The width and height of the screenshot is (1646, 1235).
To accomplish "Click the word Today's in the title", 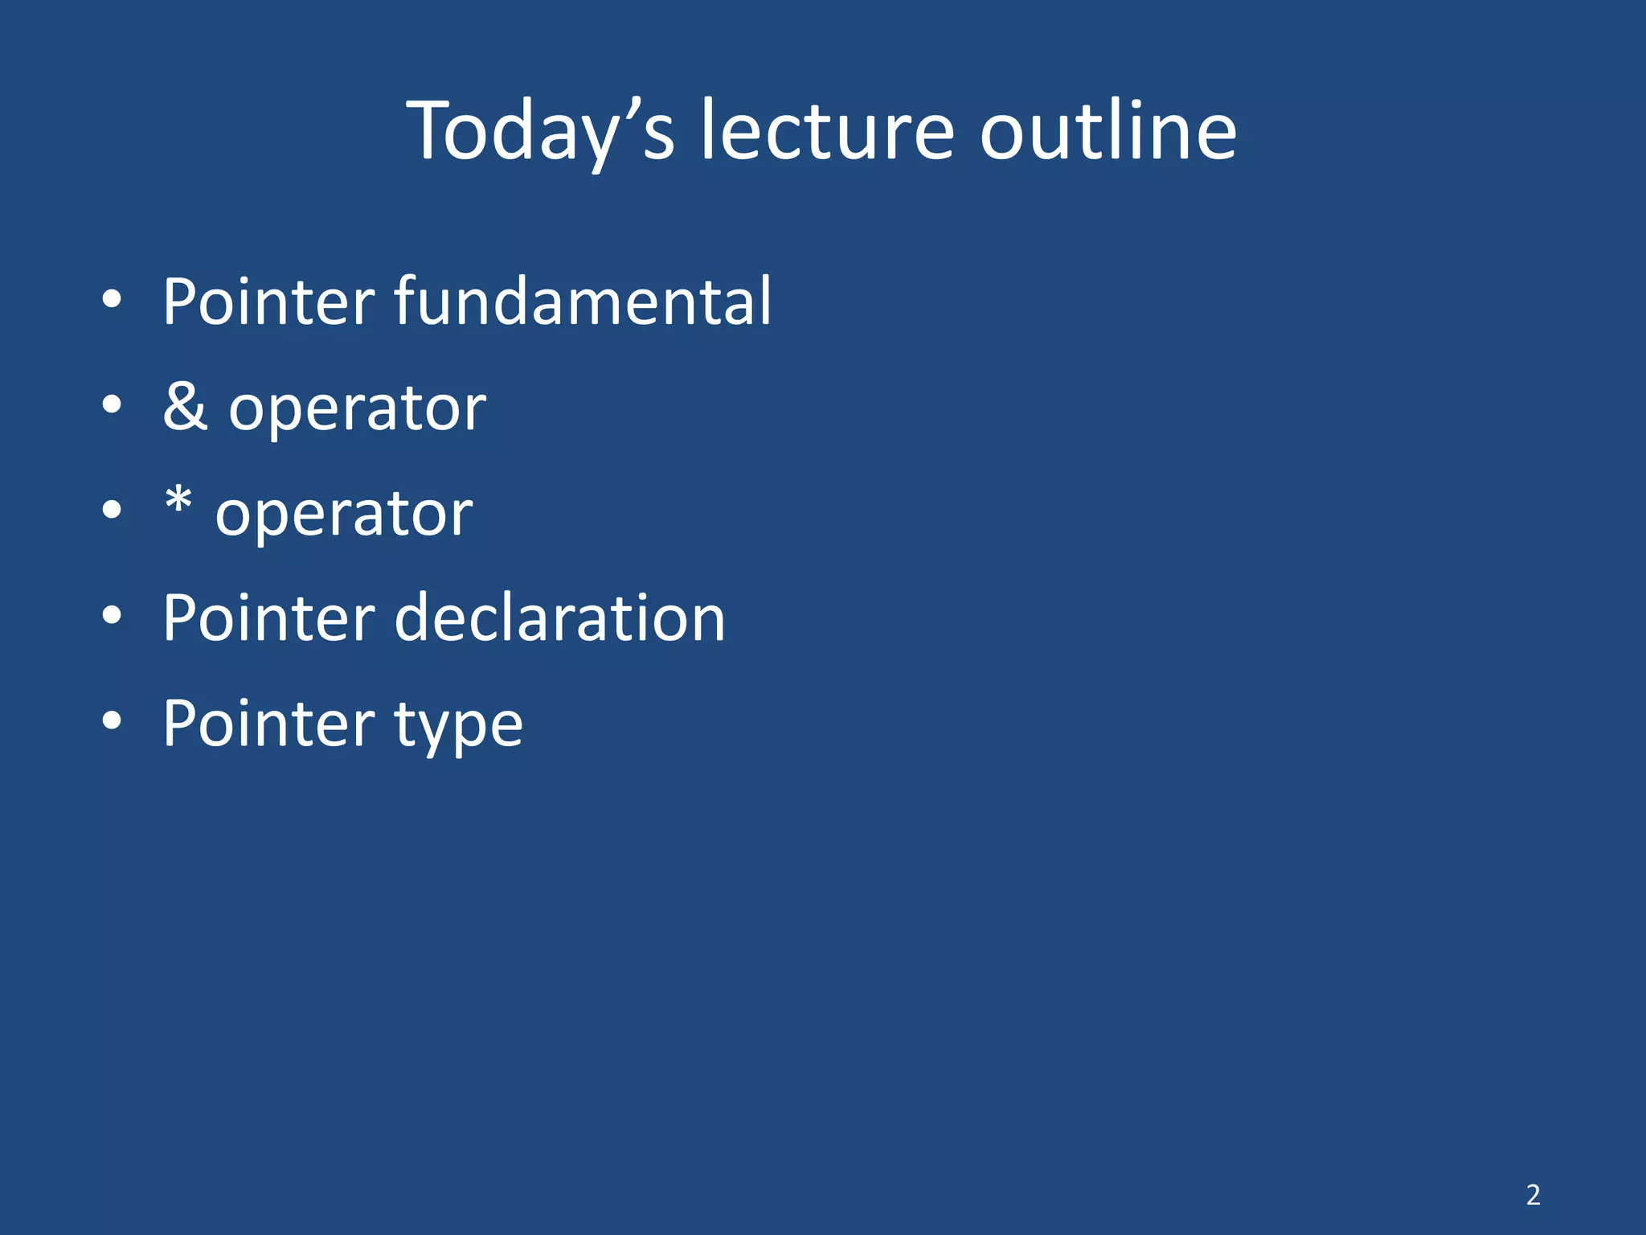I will (540, 131).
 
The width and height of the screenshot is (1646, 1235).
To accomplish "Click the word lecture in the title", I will (827, 131).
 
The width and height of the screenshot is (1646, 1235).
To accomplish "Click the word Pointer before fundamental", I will (268, 301).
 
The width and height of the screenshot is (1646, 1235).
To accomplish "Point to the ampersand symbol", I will (185, 406).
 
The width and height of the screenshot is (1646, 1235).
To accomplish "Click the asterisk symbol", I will (178, 503).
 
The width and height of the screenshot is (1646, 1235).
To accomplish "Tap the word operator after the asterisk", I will (344, 515).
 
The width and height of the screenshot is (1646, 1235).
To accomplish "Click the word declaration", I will (559, 617).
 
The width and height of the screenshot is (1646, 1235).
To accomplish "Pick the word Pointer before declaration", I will (268, 617).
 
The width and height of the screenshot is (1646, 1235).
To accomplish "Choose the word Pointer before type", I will (268, 723).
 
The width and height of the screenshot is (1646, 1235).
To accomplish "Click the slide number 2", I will (1533, 1195).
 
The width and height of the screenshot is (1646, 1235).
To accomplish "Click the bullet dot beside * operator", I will (113, 511).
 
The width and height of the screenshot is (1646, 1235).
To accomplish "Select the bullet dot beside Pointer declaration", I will (113, 617).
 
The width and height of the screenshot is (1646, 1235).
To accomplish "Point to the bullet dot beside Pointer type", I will (113, 722).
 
